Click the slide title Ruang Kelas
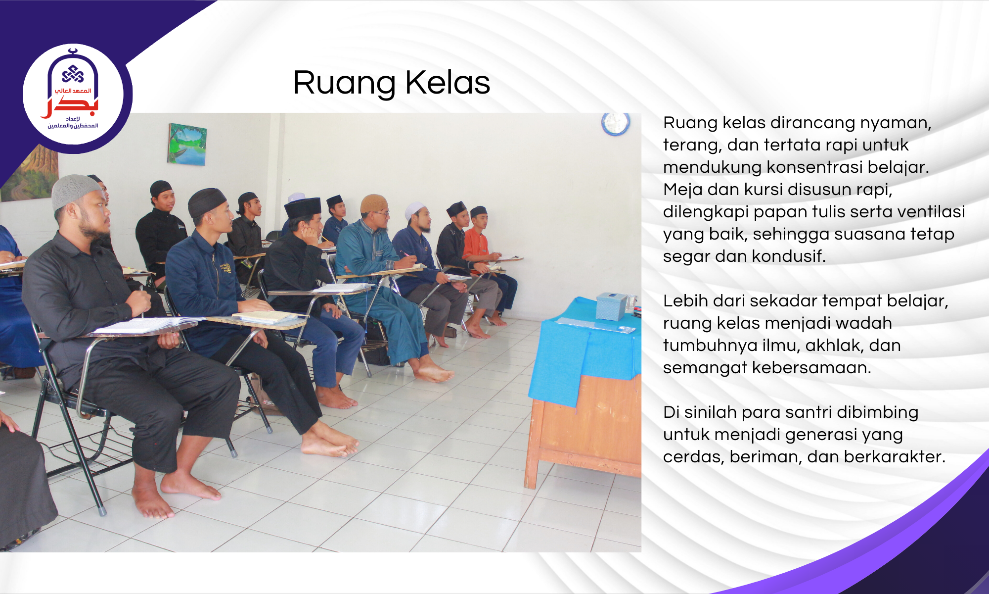[x=391, y=83]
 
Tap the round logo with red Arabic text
[x=73, y=95]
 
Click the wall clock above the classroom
[x=616, y=124]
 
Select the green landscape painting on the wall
[x=187, y=144]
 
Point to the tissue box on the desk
[x=611, y=306]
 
